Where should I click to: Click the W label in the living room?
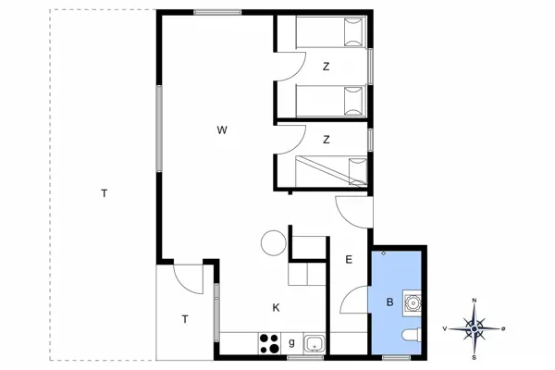(222, 129)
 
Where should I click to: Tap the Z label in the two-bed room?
(327, 67)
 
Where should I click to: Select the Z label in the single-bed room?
(327, 140)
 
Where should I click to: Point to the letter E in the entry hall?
(349, 260)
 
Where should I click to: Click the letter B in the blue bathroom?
(389, 301)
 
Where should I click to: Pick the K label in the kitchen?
(276, 307)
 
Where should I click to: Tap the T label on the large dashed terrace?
(105, 193)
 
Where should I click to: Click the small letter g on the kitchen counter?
(291, 343)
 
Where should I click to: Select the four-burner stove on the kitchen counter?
(269, 342)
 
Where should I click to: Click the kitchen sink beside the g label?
(314, 343)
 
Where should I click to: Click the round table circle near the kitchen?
(272, 243)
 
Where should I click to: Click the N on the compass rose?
(475, 301)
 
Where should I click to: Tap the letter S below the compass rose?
(475, 357)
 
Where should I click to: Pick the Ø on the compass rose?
(503, 328)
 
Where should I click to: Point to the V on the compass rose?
(445, 328)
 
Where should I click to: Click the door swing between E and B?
(354, 300)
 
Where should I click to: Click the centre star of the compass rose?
(475, 328)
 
